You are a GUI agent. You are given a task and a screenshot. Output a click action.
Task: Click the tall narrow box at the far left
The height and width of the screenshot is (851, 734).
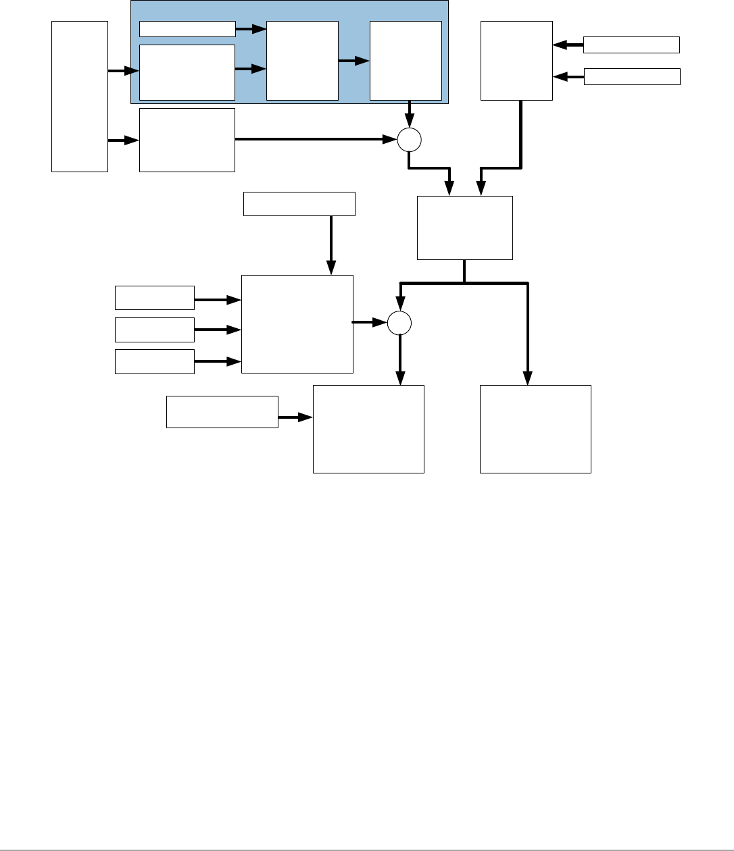click(80, 96)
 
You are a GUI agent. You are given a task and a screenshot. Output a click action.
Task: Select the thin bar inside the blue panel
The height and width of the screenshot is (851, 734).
click(187, 28)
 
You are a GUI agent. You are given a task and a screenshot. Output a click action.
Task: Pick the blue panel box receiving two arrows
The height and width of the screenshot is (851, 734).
click(302, 60)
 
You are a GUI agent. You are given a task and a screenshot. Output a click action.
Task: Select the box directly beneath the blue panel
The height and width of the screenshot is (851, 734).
click(187, 140)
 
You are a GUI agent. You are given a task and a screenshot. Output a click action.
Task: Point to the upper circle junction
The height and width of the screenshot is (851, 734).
click(408, 140)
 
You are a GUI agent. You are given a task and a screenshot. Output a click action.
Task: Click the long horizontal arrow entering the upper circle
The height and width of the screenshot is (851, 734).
click(315, 140)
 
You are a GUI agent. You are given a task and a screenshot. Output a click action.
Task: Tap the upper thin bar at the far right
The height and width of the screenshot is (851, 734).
click(631, 45)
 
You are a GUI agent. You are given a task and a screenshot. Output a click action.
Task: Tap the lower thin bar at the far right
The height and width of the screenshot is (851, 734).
click(631, 76)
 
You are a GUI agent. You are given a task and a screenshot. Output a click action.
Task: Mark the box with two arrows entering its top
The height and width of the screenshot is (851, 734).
click(465, 228)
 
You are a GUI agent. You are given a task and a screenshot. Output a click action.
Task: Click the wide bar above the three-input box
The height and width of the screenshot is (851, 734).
click(299, 204)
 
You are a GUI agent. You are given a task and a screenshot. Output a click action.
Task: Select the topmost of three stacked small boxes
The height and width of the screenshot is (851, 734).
click(155, 298)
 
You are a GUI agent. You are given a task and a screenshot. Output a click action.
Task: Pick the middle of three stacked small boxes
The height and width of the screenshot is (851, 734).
click(155, 330)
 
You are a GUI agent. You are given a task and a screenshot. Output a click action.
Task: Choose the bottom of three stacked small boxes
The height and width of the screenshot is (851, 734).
click(155, 361)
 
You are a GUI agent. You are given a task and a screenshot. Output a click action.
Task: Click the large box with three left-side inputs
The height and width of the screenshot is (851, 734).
click(297, 324)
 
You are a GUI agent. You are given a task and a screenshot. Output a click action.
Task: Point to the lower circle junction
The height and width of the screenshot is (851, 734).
click(399, 323)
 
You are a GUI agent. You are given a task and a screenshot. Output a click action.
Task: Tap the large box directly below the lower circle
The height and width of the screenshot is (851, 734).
click(368, 429)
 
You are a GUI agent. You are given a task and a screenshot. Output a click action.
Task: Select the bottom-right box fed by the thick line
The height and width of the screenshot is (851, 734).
click(535, 429)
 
